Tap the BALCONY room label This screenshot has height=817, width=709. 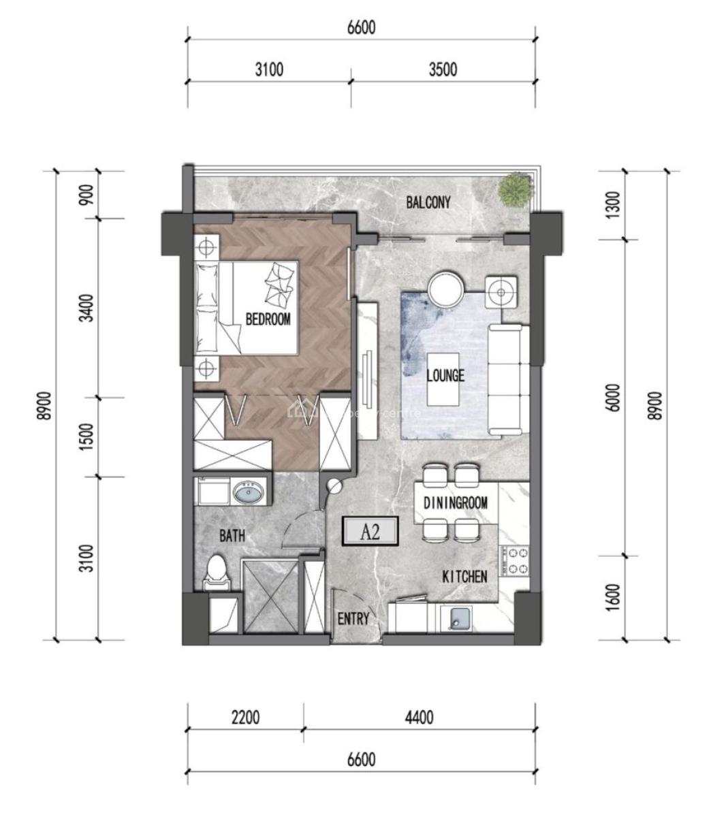click(428, 202)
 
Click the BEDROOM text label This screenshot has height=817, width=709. click(268, 319)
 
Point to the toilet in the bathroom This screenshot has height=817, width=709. click(217, 571)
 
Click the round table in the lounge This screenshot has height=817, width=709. click(447, 289)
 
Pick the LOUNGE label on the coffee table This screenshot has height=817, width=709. click(445, 375)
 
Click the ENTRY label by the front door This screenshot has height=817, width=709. click(353, 619)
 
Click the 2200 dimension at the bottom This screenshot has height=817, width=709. click(245, 718)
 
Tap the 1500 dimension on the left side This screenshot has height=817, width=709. click(86, 436)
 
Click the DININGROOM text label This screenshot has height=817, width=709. click(456, 504)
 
